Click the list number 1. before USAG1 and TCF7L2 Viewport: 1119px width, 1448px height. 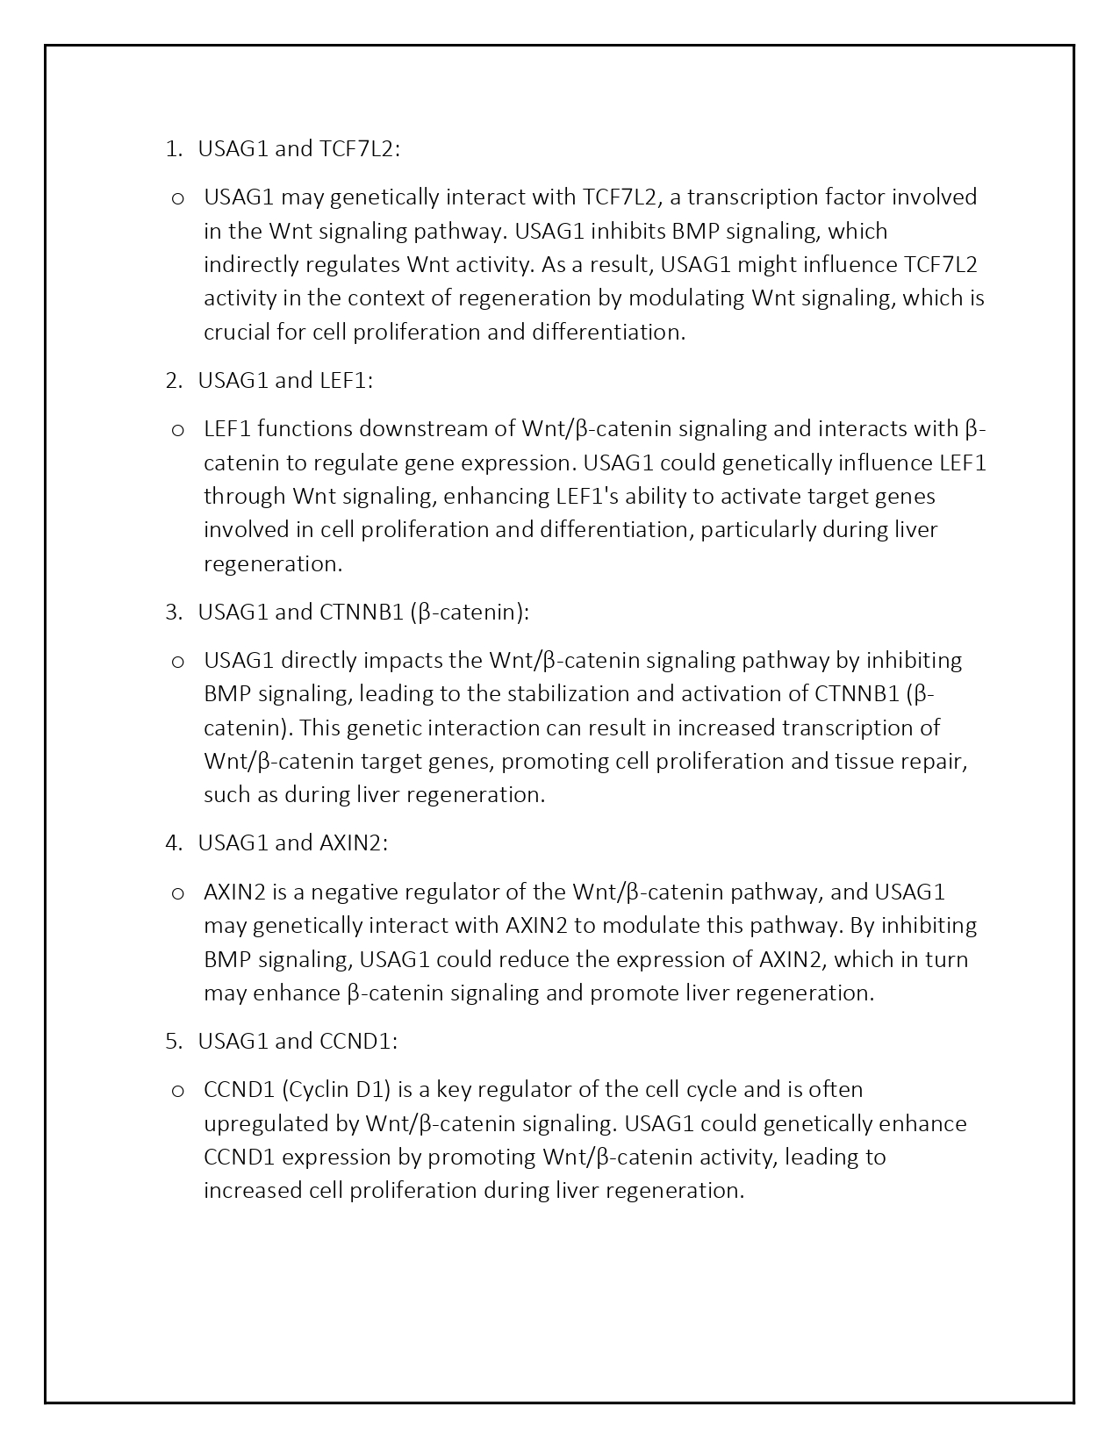point(173,149)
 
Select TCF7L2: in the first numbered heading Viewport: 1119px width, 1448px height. point(360,149)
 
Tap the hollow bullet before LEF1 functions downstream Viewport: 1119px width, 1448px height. point(177,430)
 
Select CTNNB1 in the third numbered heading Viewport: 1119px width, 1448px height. point(361,613)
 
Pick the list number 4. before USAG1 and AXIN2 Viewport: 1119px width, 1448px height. point(173,843)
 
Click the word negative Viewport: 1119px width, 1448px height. point(353,892)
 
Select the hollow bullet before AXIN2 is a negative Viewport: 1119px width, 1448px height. point(177,893)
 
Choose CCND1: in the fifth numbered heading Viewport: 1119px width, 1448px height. point(359,1042)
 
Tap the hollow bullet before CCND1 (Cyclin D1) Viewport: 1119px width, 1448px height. point(177,1091)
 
